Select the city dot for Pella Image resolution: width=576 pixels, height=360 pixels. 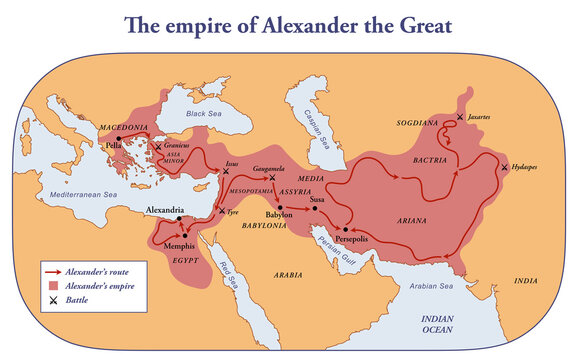click(118, 140)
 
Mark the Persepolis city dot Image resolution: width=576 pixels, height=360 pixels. click(345, 229)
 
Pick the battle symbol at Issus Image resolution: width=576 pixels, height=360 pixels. click(228, 172)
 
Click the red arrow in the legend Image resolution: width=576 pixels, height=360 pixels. click(54, 271)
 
